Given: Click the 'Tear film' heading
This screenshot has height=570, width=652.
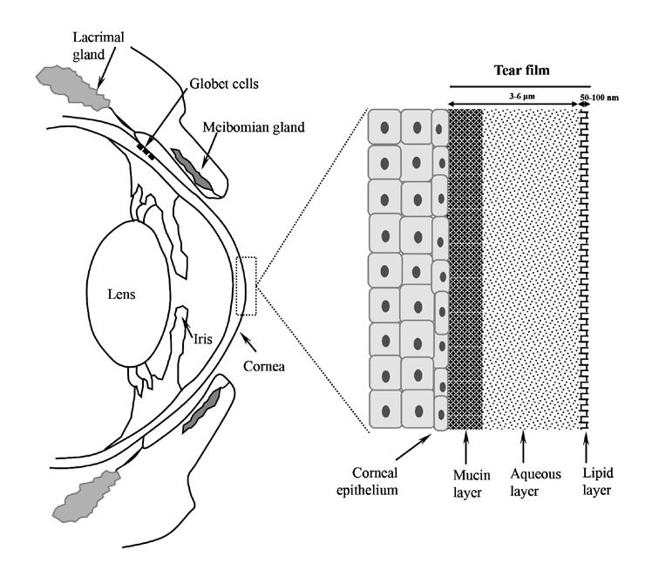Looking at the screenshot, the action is pyautogui.click(x=522, y=70).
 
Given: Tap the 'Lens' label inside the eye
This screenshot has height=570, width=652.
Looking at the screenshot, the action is pyautogui.click(x=121, y=294).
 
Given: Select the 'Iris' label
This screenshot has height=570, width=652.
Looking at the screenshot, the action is pyautogui.click(x=203, y=339).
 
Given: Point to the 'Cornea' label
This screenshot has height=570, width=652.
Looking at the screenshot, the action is pyautogui.click(x=264, y=366).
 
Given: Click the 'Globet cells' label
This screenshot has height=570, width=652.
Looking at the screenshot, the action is pyautogui.click(x=224, y=84).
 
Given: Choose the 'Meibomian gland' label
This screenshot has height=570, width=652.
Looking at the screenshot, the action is pyautogui.click(x=254, y=126).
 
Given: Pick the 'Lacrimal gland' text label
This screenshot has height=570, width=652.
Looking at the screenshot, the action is pyautogui.click(x=98, y=45).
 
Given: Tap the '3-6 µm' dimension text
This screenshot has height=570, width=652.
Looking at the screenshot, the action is pyautogui.click(x=522, y=97).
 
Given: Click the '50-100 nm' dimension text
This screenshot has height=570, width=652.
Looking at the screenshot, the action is pyautogui.click(x=600, y=98).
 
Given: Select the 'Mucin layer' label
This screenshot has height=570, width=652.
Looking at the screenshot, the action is pyautogui.click(x=472, y=483).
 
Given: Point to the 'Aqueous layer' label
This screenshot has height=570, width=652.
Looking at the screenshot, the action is pyautogui.click(x=535, y=482).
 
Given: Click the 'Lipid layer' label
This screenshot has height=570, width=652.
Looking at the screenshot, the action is pyautogui.click(x=598, y=481).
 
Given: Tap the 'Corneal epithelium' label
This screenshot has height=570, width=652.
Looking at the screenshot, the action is pyautogui.click(x=367, y=481).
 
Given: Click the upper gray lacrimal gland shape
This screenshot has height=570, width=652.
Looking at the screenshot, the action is pyautogui.click(x=72, y=88).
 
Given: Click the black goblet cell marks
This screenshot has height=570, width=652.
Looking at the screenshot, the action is pyautogui.click(x=146, y=152).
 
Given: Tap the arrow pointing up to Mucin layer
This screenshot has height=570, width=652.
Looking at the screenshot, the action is pyautogui.click(x=465, y=447).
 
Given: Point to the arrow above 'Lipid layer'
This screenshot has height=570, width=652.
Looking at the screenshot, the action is pyautogui.click(x=586, y=447).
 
